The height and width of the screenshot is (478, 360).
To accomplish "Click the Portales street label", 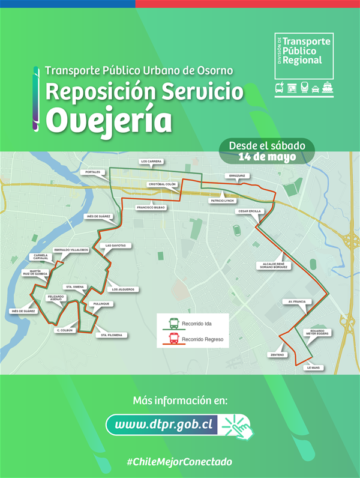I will pos(92,172).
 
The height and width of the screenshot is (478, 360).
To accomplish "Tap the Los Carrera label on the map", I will pos(151,162).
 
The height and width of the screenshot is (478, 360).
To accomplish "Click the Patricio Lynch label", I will pos(222,201).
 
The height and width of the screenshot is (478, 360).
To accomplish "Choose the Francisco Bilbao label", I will pos(151,207).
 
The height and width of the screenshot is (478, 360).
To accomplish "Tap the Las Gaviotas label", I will pos(116,246).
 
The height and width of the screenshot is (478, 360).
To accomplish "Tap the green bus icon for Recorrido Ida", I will pos(173,324).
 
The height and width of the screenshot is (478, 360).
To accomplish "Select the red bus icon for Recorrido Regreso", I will pos(173,339).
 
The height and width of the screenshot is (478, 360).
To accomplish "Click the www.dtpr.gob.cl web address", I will pos(164,425).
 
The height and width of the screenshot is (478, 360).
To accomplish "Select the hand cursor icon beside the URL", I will pos(236,425).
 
